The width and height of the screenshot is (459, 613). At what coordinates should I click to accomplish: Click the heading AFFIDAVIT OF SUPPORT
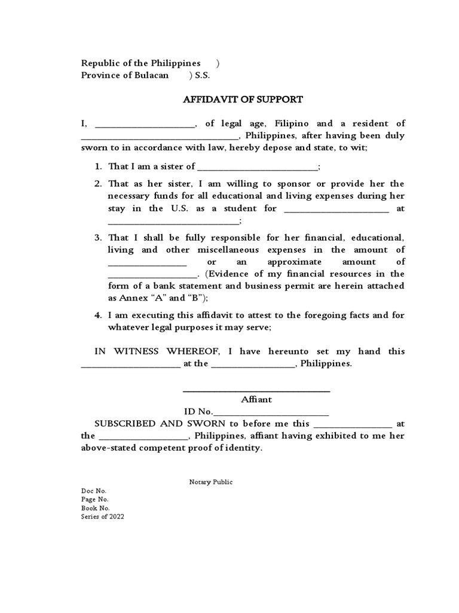pos(243,99)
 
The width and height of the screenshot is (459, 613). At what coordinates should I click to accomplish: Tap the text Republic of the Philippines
pos(141,63)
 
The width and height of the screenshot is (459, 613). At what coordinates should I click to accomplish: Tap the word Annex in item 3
pos(131,298)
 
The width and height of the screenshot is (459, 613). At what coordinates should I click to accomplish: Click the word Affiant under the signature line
pos(256,399)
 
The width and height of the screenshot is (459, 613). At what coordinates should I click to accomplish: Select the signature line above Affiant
pos(256,391)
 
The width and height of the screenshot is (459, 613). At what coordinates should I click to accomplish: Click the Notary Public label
pos(207,482)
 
